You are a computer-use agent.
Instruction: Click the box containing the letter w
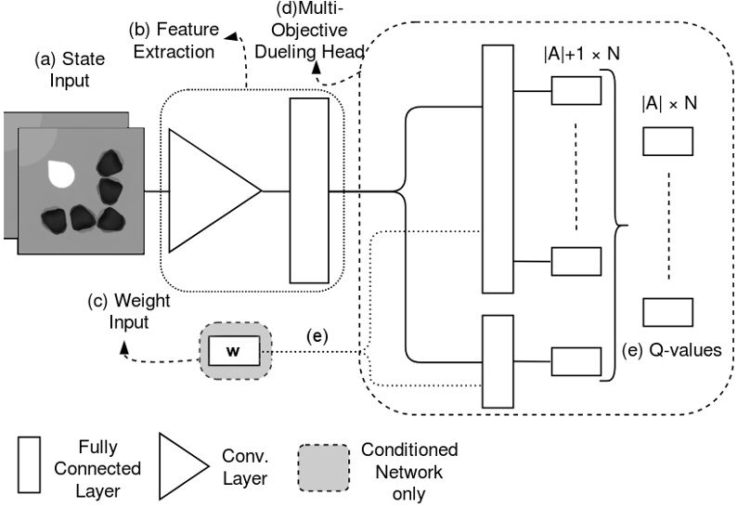pos(234,351)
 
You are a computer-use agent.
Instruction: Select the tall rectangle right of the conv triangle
pos(309,190)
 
